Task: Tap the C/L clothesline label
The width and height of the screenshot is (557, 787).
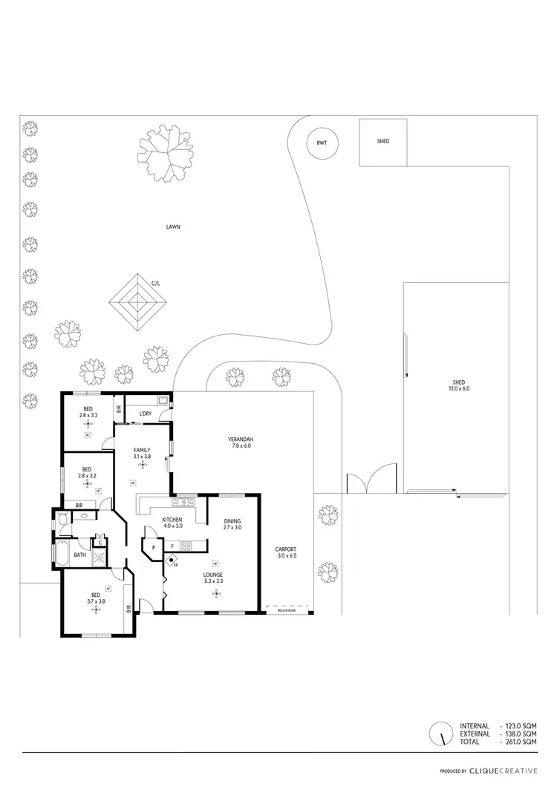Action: click(156, 283)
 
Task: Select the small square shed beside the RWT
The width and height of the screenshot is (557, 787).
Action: click(383, 142)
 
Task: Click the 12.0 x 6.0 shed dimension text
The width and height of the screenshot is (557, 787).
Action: click(458, 388)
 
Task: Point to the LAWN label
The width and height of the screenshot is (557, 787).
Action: click(173, 227)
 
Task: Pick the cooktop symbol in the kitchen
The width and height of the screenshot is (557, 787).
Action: click(186, 546)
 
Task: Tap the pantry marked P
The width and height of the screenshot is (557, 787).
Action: click(153, 548)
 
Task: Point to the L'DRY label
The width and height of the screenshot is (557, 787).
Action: click(146, 413)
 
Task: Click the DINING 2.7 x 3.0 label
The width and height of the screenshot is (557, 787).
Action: click(232, 524)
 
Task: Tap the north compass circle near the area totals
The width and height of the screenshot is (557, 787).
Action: click(440, 734)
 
